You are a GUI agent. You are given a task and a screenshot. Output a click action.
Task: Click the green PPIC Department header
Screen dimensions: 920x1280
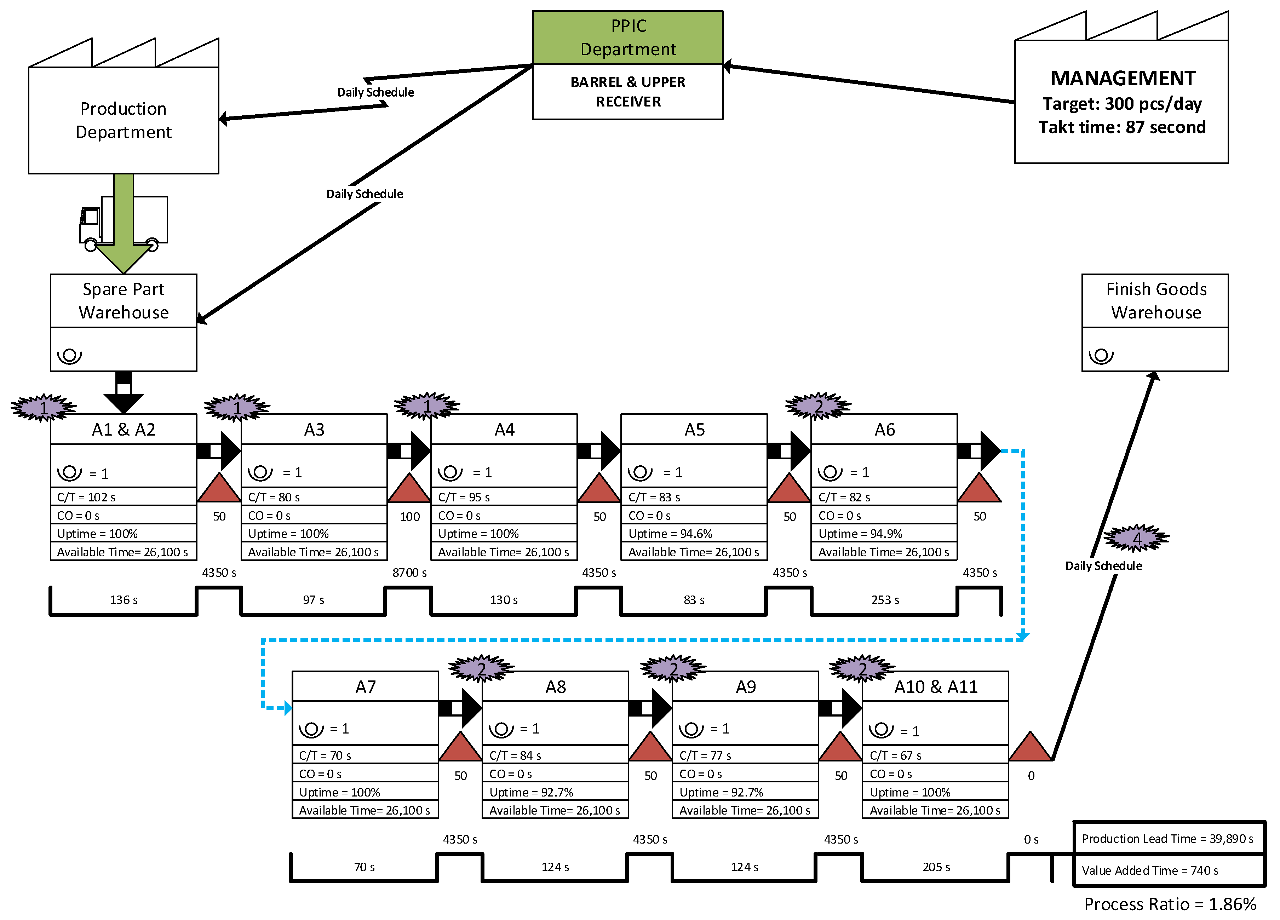point(627,37)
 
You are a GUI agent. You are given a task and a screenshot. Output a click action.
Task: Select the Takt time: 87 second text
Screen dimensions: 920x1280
point(1122,127)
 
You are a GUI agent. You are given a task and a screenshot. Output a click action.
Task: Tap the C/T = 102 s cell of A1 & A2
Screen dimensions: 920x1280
point(123,497)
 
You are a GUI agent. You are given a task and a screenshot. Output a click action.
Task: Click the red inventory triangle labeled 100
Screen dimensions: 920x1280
point(409,489)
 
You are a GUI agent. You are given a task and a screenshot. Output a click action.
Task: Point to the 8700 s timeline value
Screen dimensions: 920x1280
point(409,572)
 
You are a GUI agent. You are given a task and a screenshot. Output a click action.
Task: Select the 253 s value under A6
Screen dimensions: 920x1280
point(884,599)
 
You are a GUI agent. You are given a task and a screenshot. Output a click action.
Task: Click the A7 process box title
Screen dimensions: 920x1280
point(365,686)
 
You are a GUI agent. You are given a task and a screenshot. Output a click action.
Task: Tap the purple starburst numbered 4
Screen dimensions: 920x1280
point(1136,538)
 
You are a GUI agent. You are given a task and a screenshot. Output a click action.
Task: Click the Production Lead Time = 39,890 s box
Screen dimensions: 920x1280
point(1168,838)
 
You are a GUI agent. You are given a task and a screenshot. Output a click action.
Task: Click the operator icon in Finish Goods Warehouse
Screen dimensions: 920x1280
point(1101,356)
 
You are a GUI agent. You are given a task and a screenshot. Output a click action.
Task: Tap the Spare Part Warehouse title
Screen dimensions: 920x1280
point(123,300)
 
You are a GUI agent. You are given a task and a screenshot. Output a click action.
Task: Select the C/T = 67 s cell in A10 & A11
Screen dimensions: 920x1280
point(935,755)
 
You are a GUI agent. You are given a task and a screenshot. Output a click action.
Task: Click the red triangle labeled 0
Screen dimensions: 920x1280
point(1031,748)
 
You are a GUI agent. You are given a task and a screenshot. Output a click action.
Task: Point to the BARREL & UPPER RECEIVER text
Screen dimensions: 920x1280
point(627,91)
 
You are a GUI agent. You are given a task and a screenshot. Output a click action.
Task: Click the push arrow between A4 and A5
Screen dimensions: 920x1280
point(599,451)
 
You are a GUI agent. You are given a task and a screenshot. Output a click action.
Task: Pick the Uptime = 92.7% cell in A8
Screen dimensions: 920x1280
point(555,792)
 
